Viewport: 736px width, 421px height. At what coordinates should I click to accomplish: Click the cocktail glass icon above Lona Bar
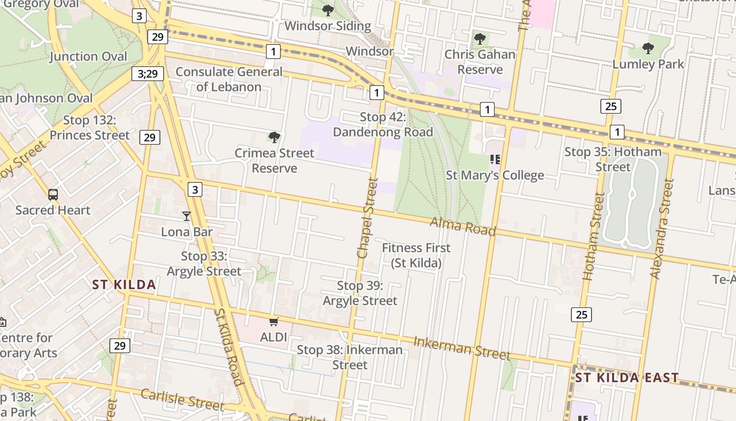pyautogui.click(x=186, y=216)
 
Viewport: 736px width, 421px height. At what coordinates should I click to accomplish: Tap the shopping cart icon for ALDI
pyautogui.click(x=273, y=322)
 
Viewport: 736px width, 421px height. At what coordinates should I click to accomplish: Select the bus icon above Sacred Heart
pyautogui.click(x=53, y=195)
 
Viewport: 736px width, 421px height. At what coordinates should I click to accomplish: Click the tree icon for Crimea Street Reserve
pyautogui.click(x=274, y=138)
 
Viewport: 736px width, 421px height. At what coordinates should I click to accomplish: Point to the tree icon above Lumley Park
pyautogui.click(x=648, y=49)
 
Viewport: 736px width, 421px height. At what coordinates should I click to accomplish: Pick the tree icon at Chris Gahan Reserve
pyautogui.click(x=479, y=39)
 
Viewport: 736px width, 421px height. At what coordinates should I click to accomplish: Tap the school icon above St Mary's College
pyautogui.click(x=495, y=159)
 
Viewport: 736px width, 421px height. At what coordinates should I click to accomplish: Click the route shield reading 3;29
pyautogui.click(x=148, y=74)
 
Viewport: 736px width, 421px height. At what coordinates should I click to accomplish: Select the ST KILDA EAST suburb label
pyautogui.click(x=627, y=378)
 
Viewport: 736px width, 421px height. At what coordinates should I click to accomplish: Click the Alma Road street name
pyautogui.click(x=463, y=226)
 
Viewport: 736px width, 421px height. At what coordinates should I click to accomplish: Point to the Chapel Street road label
pyautogui.click(x=367, y=218)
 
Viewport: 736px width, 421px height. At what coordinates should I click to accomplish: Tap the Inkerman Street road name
pyautogui.click(x=462, y=348)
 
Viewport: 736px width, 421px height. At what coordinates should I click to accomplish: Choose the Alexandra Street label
pyautogui.click(x=662, y=229)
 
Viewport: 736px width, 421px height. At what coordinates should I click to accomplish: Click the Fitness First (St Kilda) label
pyautogui.click(x=416, y=255)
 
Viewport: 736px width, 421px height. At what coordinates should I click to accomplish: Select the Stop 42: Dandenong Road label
pyautogui.click(x=383, y=125)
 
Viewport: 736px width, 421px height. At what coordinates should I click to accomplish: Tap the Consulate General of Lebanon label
pyautogui.click(x=229, y=79)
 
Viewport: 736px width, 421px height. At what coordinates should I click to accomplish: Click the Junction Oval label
pyautogui.click(x=88, y=56)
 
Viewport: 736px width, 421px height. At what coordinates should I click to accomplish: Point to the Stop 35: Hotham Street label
pyautogui.click(x=613, y=159)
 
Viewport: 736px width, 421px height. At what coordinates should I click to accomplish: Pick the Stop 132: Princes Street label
pyautogui.click(x=89, y=128)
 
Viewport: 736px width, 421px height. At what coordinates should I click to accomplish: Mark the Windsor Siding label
pyautogui.click(x=328, y=25)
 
